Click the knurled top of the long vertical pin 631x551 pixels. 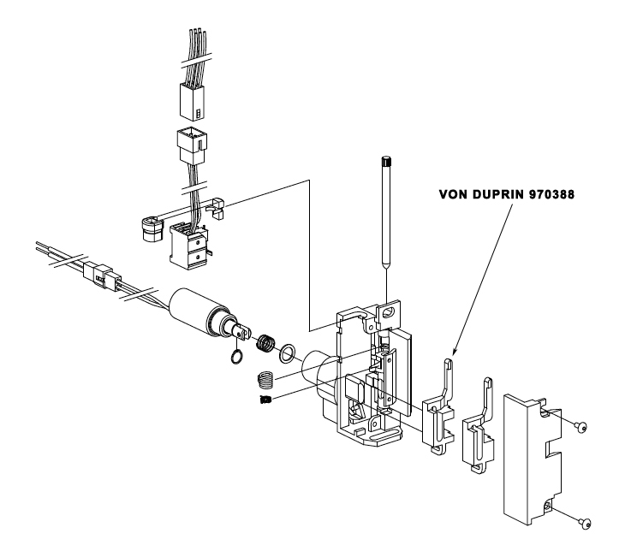[386, 160]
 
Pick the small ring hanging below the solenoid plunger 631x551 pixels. [235, 356]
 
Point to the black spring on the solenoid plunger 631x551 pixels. [266, 343]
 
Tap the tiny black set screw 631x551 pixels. [265, 400]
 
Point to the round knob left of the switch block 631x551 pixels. [149, 228]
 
